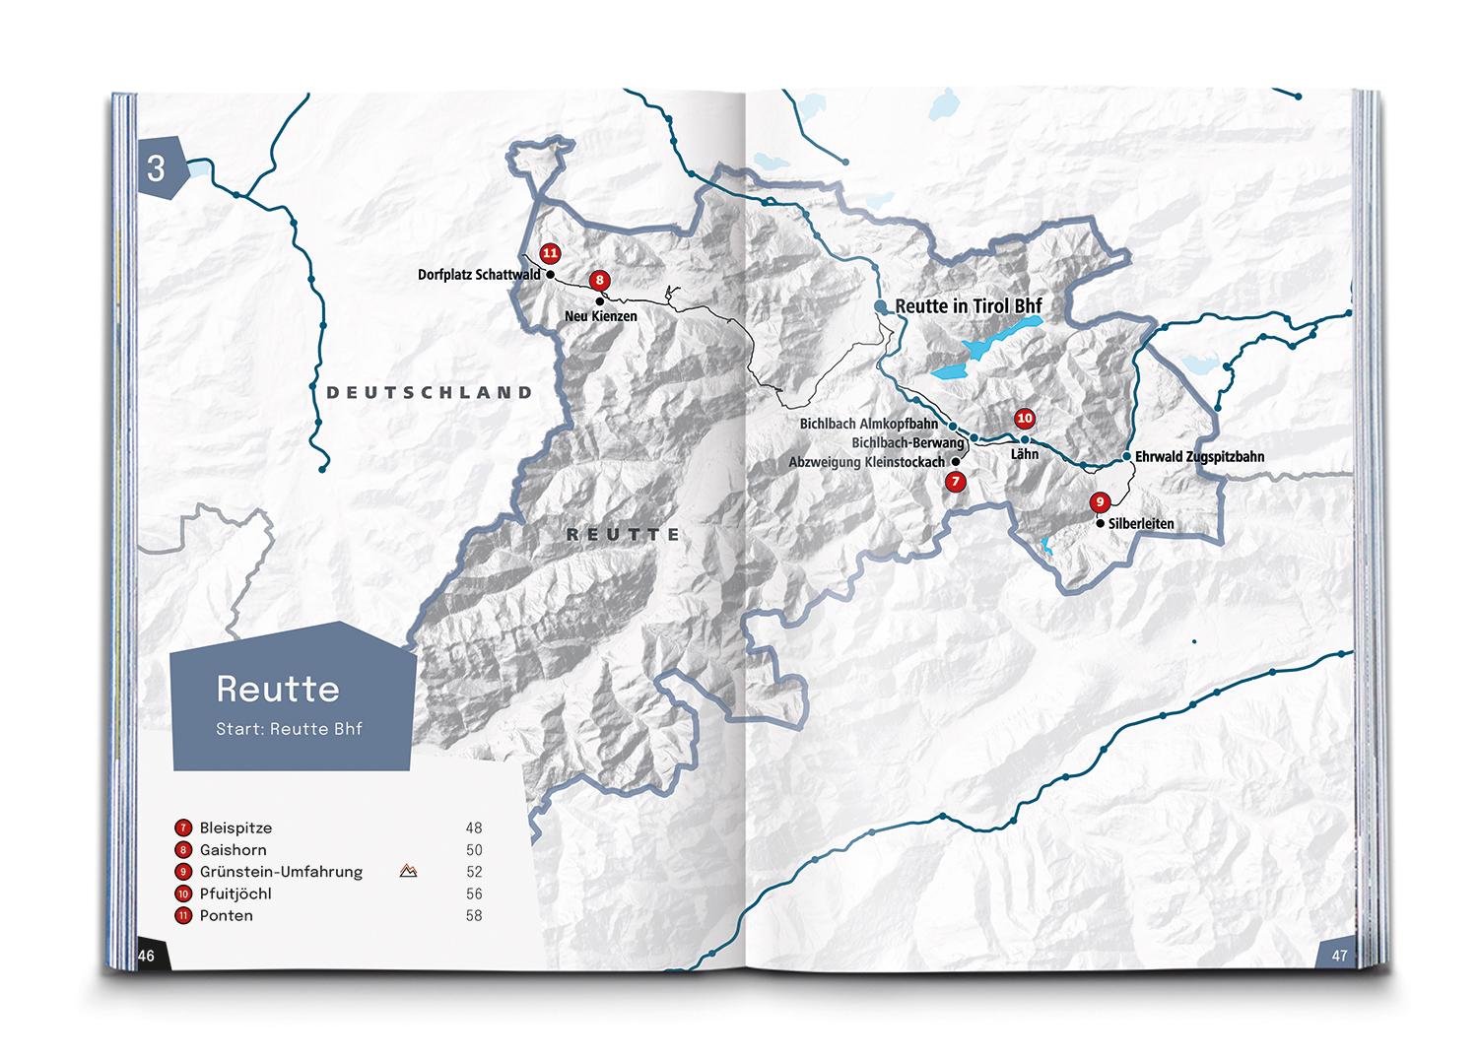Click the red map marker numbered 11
click(x=550, y=253)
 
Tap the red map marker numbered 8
click(x=599, y=281)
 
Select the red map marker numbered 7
click(x=955, y=482)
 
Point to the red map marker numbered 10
click(x=1025, y=419)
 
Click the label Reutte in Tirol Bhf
click(x=968, y=306)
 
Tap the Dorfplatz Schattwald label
click(x=479, y=275)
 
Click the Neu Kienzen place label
click(x=600, y=316)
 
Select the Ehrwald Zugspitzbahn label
click(x=1199, y=457)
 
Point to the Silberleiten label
click(x=1141, y=524)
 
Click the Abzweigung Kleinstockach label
click(x=866, y=462)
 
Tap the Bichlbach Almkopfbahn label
click(x=868, y=425)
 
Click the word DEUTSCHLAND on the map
click(x=430, y=392)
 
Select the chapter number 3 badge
click(x=158, y=168)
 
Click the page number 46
click(x=147, y=955)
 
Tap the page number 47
click(x=1338, y=955)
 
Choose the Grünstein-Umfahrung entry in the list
click(x=281, y=872)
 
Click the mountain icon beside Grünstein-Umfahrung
click(x=408, y=871)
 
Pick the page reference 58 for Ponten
click(x=474, y=915)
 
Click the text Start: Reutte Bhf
click(x=290, y=730)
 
